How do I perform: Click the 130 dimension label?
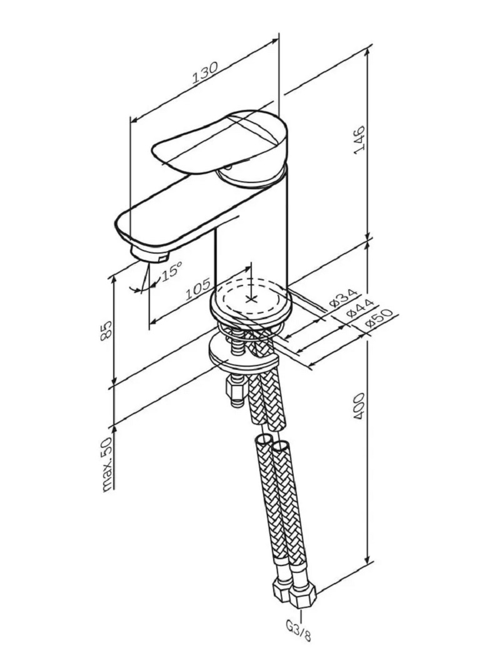pos(205,72)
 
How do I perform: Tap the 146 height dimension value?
pos(359,140)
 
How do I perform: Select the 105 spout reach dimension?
pos(198,290)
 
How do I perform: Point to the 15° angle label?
pos(171,271)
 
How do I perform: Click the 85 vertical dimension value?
pos(106,330)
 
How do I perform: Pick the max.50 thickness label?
pos(107,464)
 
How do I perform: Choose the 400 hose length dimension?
pos(359,407)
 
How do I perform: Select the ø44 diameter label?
pos(360,308)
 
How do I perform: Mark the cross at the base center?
pos(251,299)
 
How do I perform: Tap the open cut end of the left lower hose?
pos(264,440)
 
